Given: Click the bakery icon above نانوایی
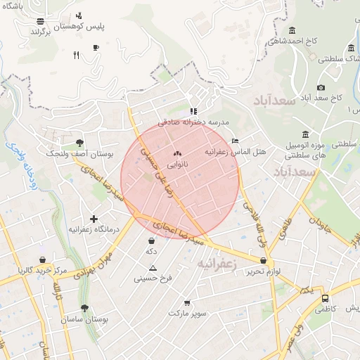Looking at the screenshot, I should point(176,153).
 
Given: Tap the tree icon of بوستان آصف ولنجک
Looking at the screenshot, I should point(79,142).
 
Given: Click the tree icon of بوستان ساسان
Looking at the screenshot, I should point(84,308).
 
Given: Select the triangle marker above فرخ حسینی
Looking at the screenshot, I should point(153,268).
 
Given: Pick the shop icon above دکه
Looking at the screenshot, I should point(151,240).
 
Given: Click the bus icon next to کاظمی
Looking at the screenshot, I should point(324,297).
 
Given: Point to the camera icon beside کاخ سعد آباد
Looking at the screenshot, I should point(321,87).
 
